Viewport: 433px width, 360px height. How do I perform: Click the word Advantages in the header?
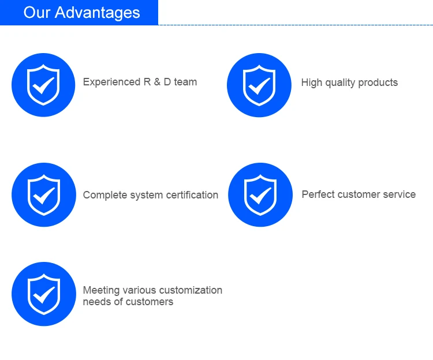tap(97, 13)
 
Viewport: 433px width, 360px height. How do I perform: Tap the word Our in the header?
tap(37, 13)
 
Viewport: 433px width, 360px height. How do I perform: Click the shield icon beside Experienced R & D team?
tap(43, 85)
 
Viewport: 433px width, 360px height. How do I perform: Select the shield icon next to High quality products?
tap(259, 85)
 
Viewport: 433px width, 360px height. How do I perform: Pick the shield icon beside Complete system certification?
tap(44, 195)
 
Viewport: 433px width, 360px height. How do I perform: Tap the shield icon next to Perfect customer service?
tap(260, 195)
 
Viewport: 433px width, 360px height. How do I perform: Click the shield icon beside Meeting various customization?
tap(44, 294)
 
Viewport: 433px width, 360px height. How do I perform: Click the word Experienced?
tap(112, 82)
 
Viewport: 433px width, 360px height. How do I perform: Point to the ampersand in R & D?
tap(157, 82)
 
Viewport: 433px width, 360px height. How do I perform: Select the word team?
tap(185, 82)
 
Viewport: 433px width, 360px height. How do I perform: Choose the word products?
tap(378, 82)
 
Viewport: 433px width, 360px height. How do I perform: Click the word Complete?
tap(105, 195)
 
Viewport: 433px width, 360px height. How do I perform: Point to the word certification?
tap(192, 195)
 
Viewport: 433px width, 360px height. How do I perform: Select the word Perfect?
tap(318, 194)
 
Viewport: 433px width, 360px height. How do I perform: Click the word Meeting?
tap(102, 291)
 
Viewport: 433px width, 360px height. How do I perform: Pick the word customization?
tap(191, 290)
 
